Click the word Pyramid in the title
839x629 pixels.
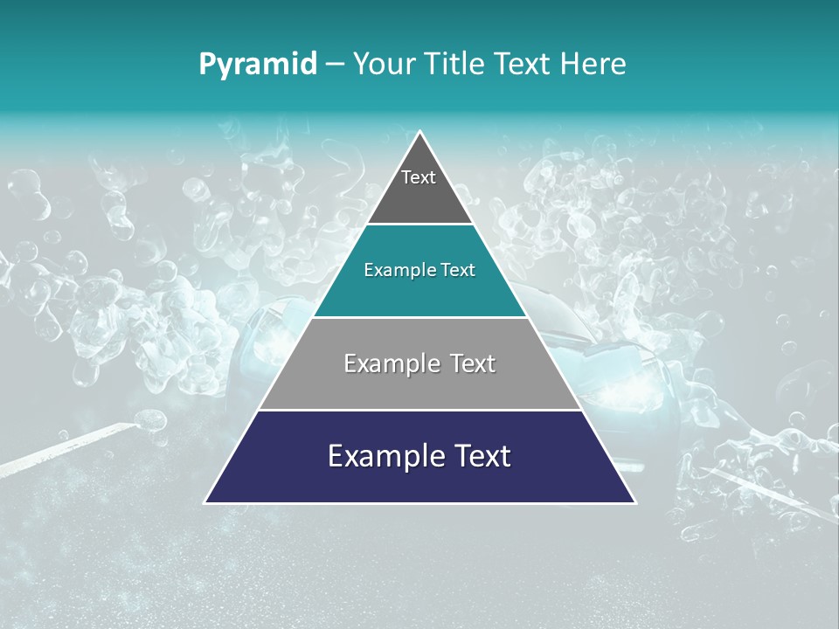point(258,65)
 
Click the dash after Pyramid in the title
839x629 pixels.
point(335,65)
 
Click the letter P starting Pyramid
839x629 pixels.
point(207,65)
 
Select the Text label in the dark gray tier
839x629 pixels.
point(419,177)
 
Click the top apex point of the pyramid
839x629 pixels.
point(420,132)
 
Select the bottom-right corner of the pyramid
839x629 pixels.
point(634,502)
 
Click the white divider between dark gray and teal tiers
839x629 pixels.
point(420,225)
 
